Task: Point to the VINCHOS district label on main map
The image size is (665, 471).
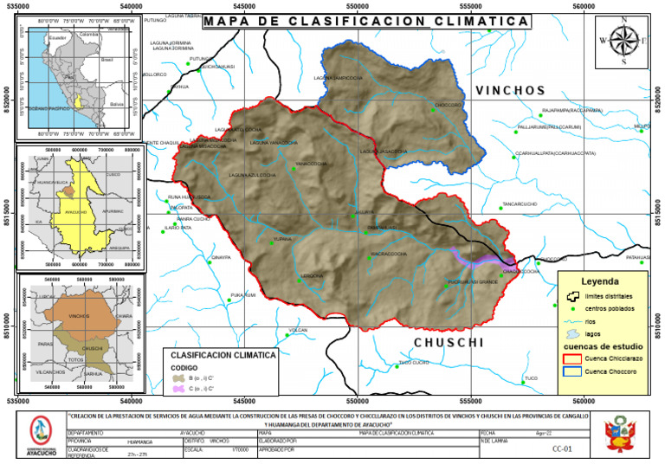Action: [x=510, y=90]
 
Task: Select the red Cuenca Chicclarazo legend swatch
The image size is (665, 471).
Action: [x=571, y=358]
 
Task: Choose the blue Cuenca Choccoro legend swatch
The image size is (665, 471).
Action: [x=571, y=371]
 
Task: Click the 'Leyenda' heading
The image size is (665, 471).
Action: [x=600, y=282]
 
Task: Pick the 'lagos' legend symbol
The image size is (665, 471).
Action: [x=571, y=333]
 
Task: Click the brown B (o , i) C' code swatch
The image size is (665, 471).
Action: [x=179, y=378]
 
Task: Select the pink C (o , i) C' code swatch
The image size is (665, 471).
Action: [x=179, y=389]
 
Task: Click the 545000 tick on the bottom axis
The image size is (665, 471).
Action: [x=244, y=401]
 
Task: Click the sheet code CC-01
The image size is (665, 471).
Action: [x=562, y=449]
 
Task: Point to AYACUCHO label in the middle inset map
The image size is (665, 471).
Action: [x=76, y=210]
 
